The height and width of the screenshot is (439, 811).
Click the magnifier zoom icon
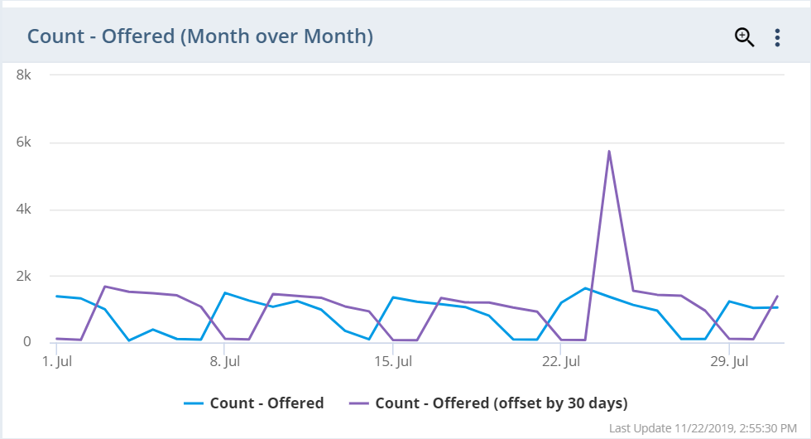point(744,37)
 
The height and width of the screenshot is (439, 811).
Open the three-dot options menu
point(777,37)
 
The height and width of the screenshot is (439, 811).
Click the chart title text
point(199,36)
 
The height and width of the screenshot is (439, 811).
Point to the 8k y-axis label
point(24,75)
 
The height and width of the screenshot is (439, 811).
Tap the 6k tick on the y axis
point(24,142)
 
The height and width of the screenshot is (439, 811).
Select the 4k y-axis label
point(24,209)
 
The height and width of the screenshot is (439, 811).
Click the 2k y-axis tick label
point(24,276)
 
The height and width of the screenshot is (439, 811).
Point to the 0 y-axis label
point(27,341)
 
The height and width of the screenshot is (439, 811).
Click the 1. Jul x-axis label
point(56,362)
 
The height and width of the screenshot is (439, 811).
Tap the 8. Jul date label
point(224,362)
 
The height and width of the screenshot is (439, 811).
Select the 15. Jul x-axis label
point(393,362)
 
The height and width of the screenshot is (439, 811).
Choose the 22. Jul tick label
point(561,362)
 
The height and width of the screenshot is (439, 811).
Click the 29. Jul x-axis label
point(729,362)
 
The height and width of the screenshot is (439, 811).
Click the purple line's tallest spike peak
point(609,152)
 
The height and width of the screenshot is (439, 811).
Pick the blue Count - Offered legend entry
point(254,403)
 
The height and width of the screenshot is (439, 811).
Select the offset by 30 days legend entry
point(488,403)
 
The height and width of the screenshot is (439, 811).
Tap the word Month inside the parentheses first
point(213,36)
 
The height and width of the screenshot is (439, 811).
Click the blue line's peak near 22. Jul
point(585,288)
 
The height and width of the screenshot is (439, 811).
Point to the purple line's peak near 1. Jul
point(105,287)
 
